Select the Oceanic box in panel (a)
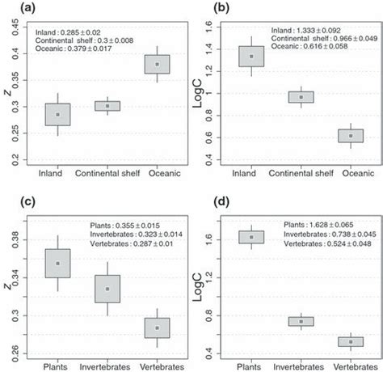[157, 63]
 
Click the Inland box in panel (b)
[250, 56]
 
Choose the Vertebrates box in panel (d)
[350, 341]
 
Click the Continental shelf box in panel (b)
[301, 97]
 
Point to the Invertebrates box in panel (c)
[107, 289]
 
